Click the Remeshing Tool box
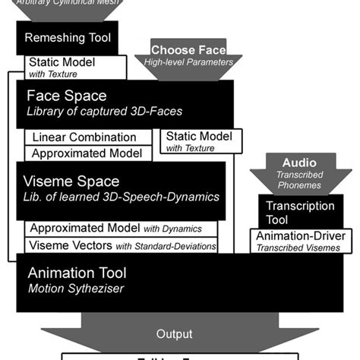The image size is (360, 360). tap(68, 37)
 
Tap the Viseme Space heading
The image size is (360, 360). tap(73, 182)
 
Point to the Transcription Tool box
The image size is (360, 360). tap(302, 212)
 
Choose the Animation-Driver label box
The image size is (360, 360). tap(301, 241)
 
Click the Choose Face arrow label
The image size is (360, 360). tap(188, 50)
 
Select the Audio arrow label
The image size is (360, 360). tap(299, 163)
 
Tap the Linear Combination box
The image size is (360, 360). tap(85, 138)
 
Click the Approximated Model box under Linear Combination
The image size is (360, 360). tap(87, 153)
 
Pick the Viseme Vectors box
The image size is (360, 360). tap(122, 245)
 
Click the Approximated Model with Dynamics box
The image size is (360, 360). tap(122, 229)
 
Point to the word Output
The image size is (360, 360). tap(175, 334)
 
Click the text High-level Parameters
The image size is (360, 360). tap(188, 62)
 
